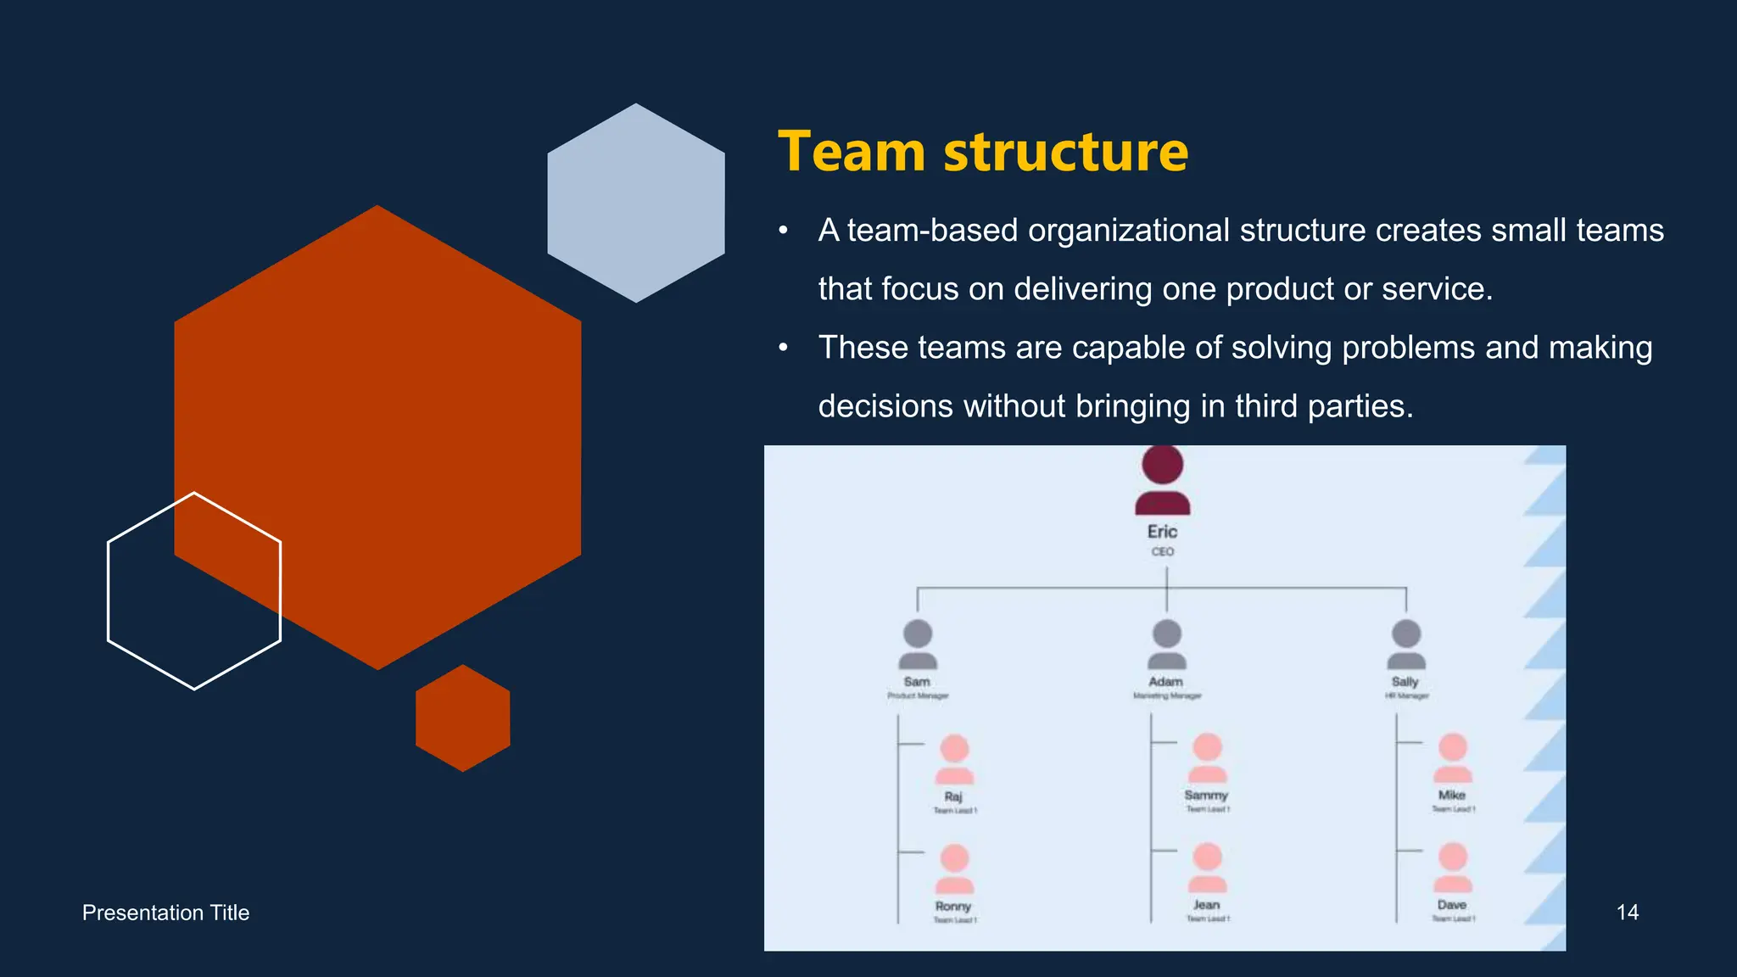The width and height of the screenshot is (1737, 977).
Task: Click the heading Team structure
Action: coord(982,152)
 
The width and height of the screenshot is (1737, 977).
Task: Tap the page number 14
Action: coord(1627,913)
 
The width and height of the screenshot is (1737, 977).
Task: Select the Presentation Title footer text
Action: coord(165,913)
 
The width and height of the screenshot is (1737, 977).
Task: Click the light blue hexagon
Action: coord(636,204)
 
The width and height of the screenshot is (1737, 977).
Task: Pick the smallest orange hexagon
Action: coord(463,718)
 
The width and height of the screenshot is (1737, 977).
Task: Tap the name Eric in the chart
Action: coord(1162,532)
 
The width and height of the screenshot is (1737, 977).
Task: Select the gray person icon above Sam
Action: coord(918,645)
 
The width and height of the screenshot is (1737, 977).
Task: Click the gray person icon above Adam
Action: coord(1167,645)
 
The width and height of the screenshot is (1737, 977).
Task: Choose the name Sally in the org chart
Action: coord(1405,682)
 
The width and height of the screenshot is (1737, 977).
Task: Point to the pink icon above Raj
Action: coord(954,760)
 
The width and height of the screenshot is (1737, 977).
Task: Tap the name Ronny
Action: coord(953,907)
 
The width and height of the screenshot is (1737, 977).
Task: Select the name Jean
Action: coord(1206,906)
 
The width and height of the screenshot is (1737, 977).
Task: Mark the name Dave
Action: coord(1452,906)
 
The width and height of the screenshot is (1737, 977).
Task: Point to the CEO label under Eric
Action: coord(1162,552)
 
